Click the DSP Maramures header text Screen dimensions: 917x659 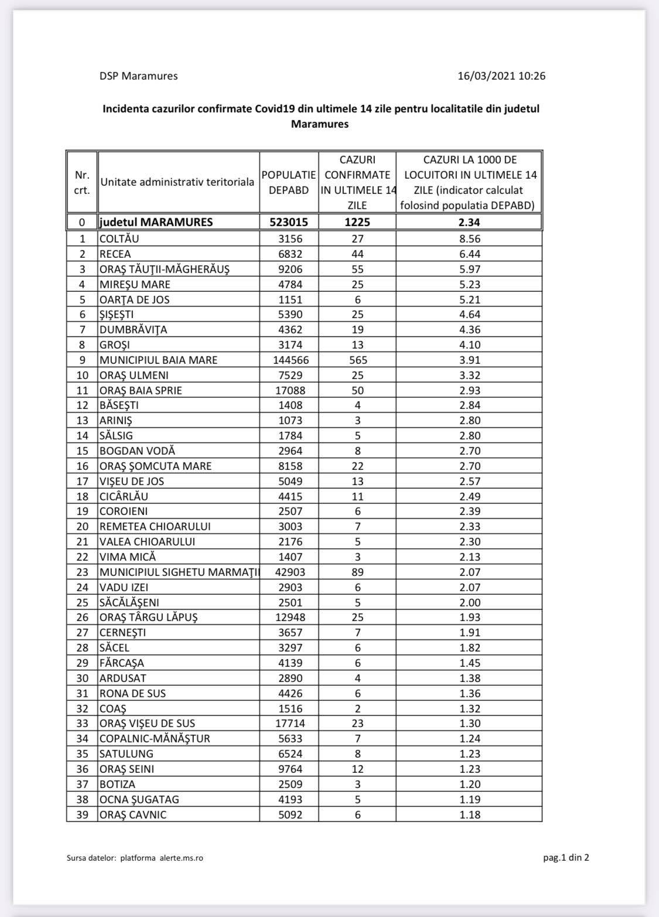point(138,76)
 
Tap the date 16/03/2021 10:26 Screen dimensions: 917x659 point(501,76)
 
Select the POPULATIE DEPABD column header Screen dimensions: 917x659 point(289,182)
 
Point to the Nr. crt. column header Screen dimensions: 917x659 point(82,182)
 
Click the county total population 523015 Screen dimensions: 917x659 point(289,222)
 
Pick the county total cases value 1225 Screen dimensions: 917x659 point(357,222)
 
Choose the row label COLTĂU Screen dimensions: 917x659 point(119,238)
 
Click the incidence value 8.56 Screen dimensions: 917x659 point(470,238)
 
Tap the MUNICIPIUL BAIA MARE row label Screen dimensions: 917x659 point(158,360)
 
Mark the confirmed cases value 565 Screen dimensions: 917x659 point(357,360)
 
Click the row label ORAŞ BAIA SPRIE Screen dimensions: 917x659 point(145,390)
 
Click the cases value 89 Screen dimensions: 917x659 point(357,572)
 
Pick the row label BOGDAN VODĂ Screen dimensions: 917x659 point(137,451)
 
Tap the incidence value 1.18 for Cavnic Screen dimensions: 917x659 point(470,814)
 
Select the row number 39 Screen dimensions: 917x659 point(83,814)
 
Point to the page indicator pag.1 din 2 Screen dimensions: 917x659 point(566,858)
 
